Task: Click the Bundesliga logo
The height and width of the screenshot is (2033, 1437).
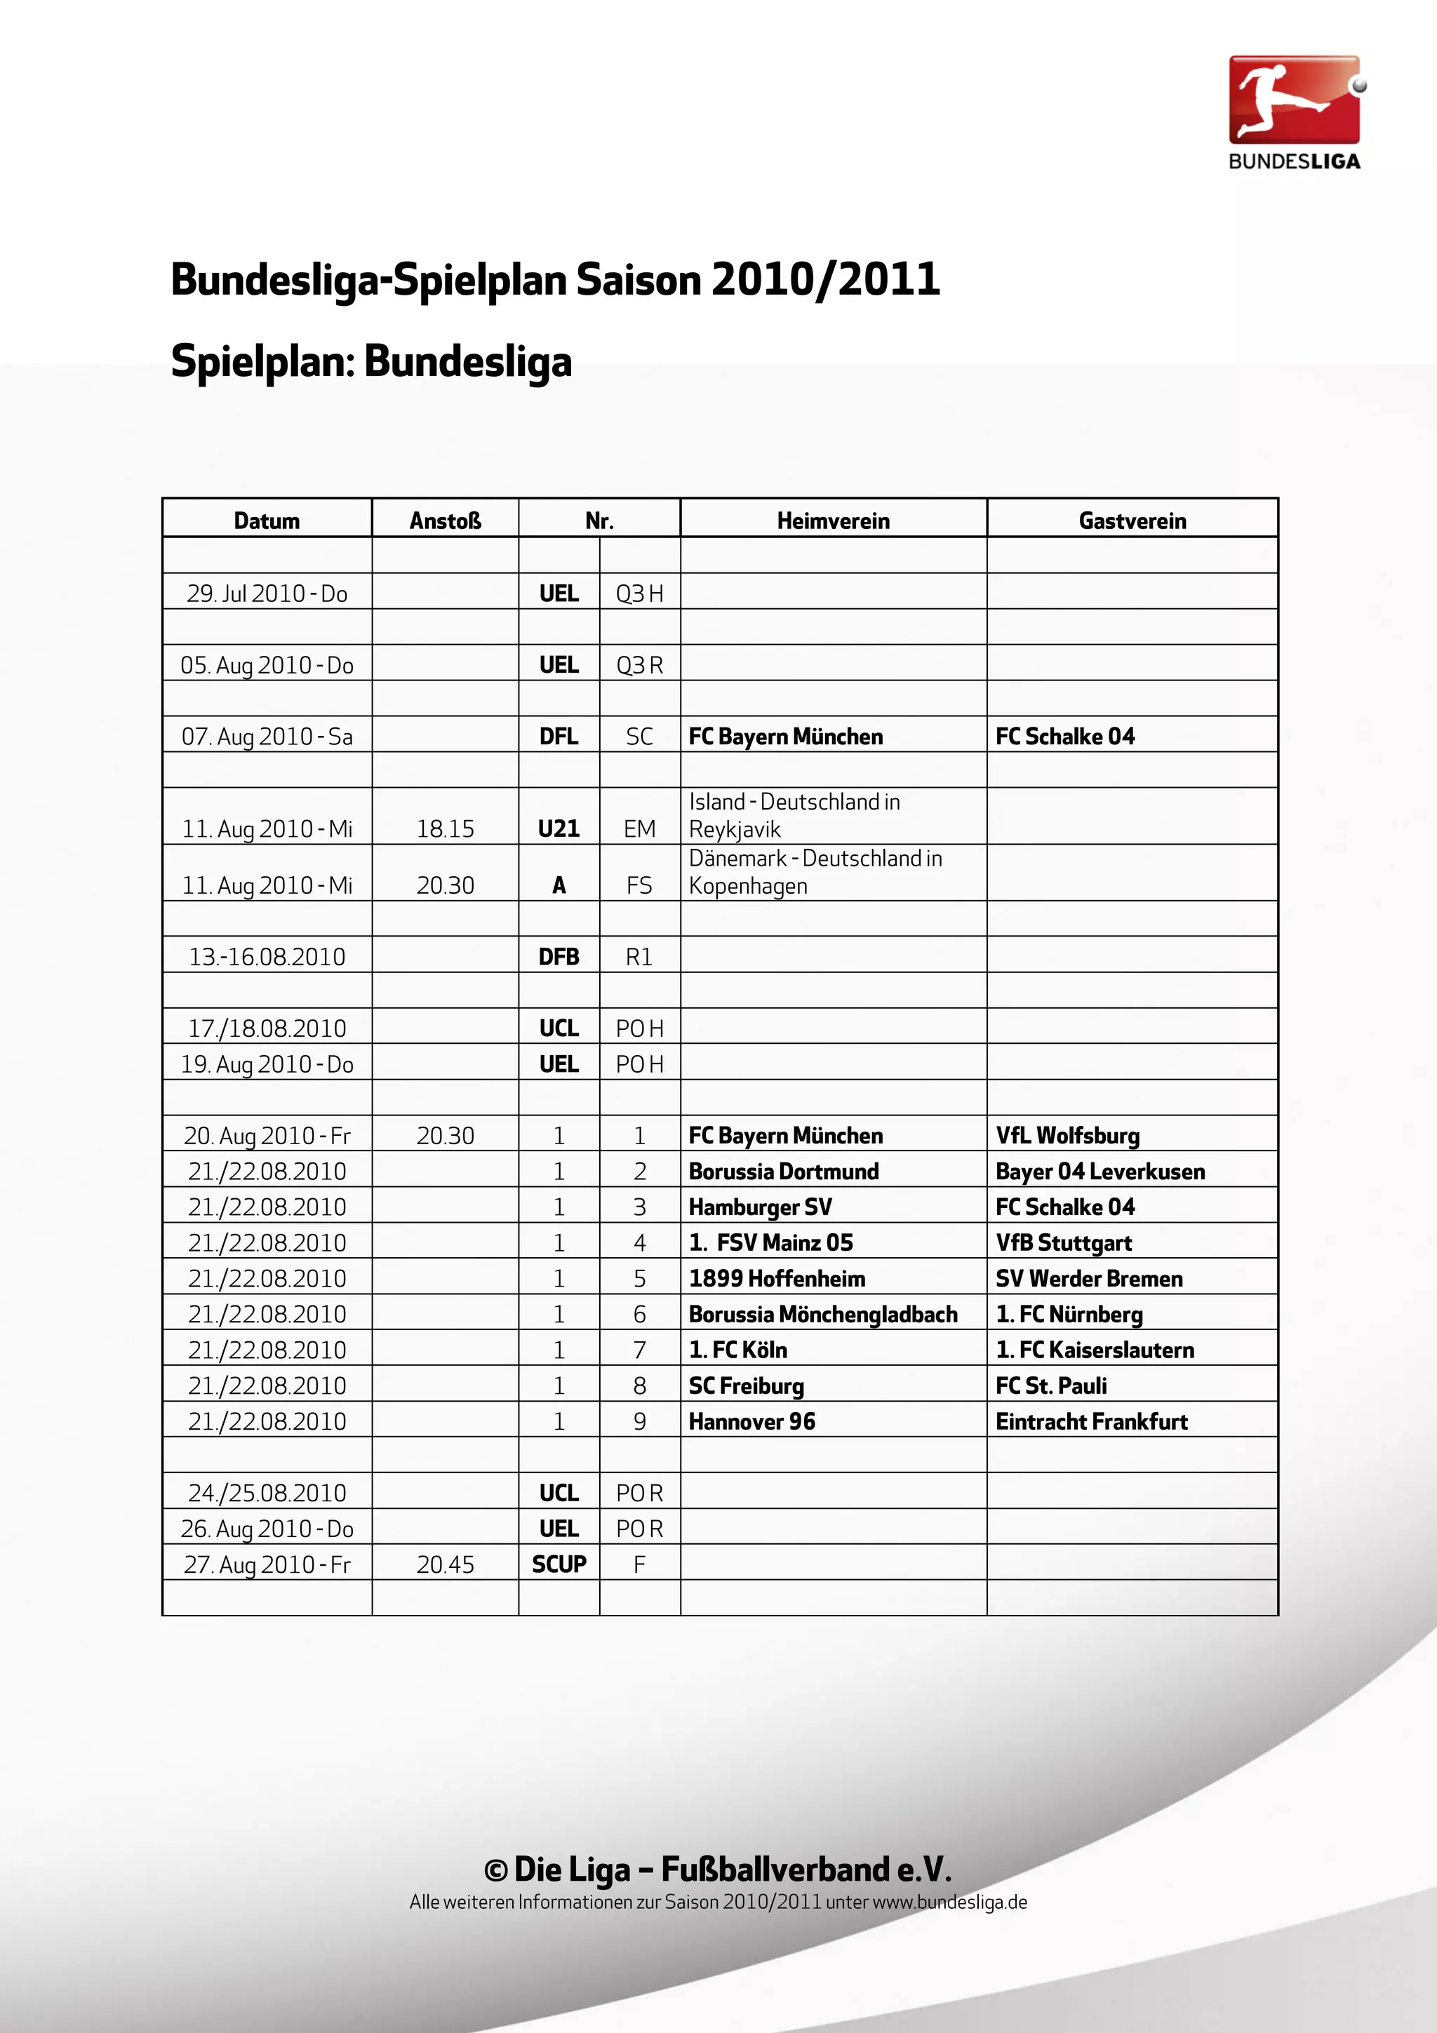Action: (1294, 112)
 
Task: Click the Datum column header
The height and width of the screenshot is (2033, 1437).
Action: (267, 521)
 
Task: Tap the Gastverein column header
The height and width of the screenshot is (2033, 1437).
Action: (1132, 521)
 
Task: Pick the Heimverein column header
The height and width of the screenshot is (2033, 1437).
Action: (832, 521)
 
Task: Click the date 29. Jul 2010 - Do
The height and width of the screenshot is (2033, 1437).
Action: (267, 593)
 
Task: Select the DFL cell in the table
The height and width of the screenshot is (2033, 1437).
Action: (559, 736)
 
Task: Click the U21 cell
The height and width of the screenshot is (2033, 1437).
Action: (559, 828)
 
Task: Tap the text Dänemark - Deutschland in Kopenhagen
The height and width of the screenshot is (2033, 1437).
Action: (815, 871)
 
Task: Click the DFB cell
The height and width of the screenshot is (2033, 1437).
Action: (559, 956)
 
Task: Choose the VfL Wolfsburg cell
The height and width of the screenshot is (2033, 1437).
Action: (1067, 1135)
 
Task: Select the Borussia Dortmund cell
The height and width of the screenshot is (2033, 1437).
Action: (784, 1171)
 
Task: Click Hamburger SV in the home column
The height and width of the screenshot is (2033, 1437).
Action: (760, 1207)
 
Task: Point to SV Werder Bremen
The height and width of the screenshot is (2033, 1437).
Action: (1088, 1277)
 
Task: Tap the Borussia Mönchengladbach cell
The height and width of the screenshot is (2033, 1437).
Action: (822, 1314)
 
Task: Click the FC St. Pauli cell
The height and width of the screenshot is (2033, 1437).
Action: (1051, 1385)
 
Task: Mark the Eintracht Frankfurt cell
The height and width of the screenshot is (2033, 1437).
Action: (1091, 1421)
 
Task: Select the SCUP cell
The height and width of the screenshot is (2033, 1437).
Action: (559, 1564)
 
